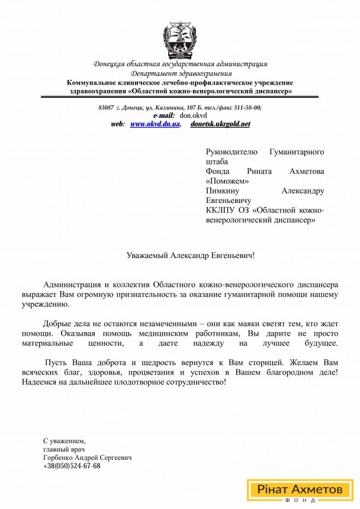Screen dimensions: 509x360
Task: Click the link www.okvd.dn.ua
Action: pos(155,124)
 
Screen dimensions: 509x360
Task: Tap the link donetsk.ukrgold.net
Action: pos(220,124)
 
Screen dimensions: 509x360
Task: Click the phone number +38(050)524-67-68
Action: pos(72,466)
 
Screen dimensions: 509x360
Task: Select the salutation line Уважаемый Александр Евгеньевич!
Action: pos(191,256)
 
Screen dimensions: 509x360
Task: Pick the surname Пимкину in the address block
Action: pos(221,191)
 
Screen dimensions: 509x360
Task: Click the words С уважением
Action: pos(64,442)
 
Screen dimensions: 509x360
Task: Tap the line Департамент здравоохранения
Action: pos(180,73)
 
